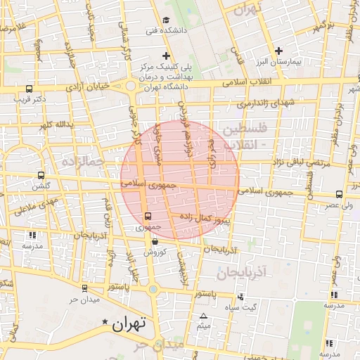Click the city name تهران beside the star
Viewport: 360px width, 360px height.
point(129,324)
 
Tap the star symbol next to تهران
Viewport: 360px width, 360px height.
point(105,323)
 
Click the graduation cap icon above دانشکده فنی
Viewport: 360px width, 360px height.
point(166,20)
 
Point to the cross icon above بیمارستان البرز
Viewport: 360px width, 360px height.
point(279,51)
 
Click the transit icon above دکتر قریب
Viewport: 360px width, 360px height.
point(29,89)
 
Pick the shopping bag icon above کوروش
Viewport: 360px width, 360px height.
point(154,242)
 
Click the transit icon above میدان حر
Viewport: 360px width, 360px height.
point(84,288)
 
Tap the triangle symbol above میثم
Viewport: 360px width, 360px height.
point(204,316)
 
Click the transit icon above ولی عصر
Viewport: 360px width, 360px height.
point(339,194)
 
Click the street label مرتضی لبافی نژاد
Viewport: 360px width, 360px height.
point(307,162)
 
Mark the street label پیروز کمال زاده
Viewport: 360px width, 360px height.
point(205,219)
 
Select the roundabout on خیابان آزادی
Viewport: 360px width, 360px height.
point(131,86)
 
